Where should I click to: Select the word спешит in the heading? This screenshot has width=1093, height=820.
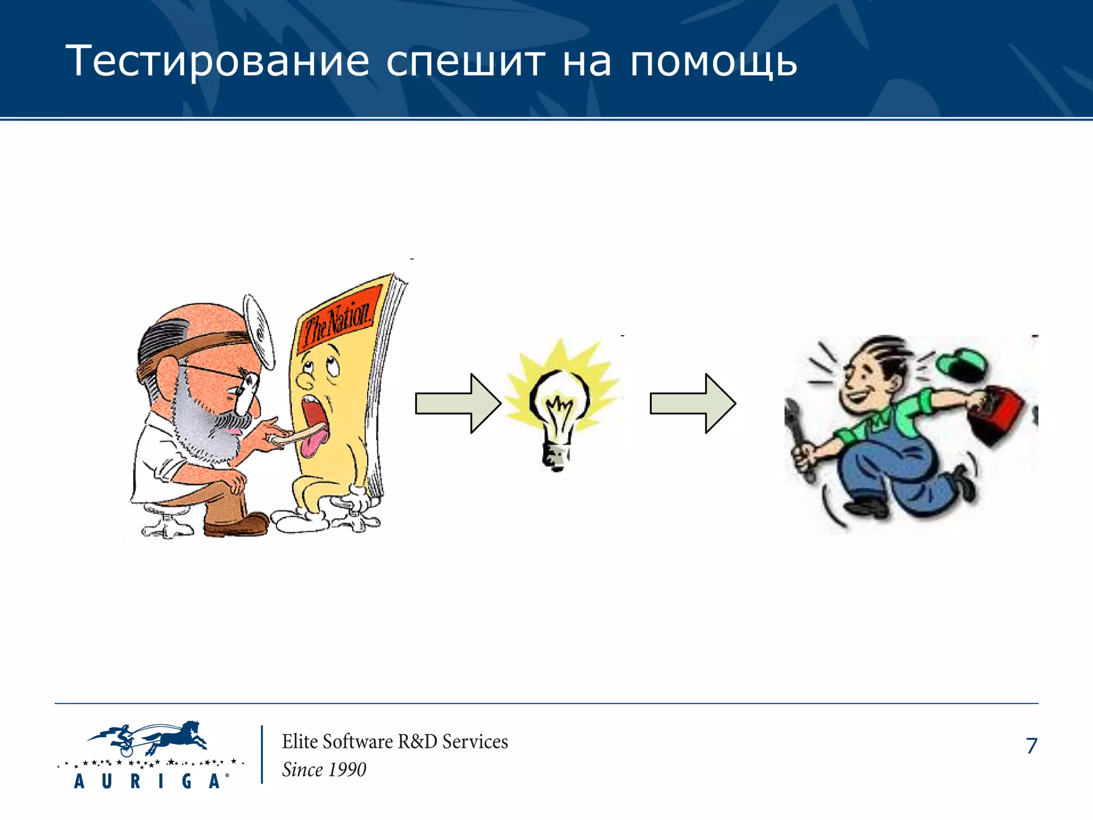465,61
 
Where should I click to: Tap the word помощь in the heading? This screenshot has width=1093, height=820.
714,61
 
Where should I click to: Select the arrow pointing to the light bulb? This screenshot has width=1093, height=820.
458,403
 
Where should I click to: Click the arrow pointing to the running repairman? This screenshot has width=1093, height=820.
693,403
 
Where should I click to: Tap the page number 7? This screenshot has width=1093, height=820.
1031,746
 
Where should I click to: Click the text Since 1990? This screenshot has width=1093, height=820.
324,770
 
